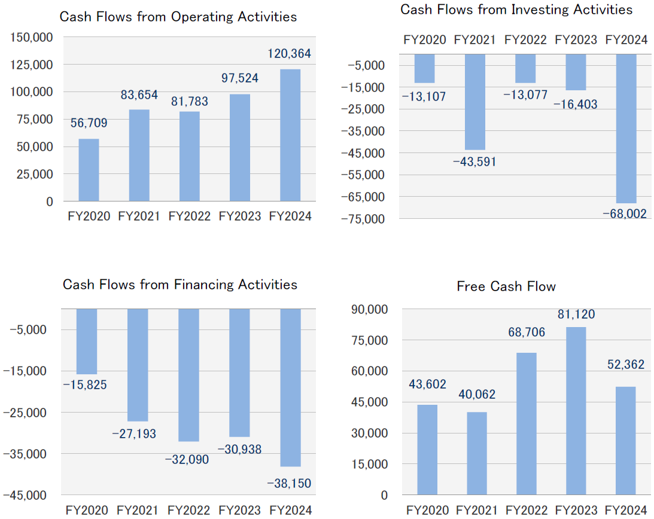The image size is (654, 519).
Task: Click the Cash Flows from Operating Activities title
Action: pos(178,17)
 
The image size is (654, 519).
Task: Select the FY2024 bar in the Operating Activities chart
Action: pos(290,135)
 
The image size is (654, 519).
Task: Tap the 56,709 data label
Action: pos(89,124)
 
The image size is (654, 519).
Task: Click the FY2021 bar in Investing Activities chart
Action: pos(474,102)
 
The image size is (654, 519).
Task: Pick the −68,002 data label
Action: pos(625,213)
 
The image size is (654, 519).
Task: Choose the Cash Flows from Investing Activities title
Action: pos(516,10)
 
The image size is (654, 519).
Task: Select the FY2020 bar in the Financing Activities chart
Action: pos(87,341)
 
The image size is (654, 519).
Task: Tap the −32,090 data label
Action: pos(189,459)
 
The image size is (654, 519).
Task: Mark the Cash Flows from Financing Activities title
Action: pos(180,285)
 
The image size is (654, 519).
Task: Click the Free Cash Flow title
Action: pos(506,287)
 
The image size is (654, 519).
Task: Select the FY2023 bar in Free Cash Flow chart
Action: pos(576,411)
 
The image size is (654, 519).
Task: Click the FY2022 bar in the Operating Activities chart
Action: pos(190,156)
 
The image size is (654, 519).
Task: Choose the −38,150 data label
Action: pos(289,483)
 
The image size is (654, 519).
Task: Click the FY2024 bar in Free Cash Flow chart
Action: pos(625,441)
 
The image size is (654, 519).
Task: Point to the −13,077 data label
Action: pos(525,95)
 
